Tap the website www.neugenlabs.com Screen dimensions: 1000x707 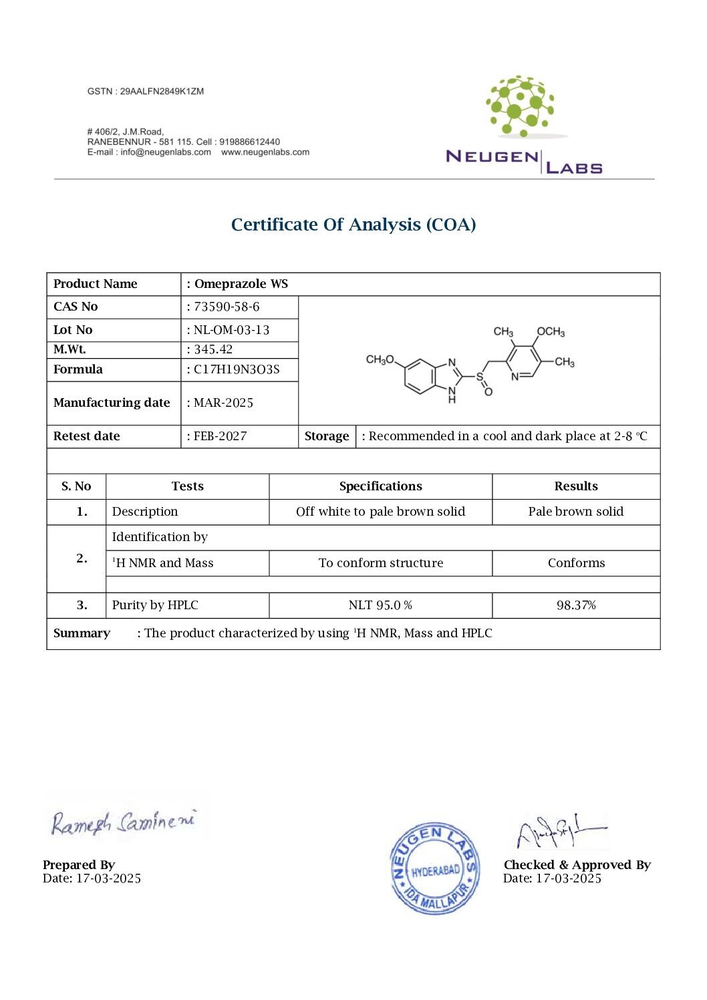click(265, 152)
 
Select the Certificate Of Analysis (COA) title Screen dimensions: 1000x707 click(353, 224)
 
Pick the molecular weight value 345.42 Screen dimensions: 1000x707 click(213, 349)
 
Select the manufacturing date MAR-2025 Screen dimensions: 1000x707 click(223, 403)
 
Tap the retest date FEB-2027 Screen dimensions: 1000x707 click(220, 436)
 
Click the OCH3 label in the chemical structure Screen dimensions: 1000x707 click(551, 332)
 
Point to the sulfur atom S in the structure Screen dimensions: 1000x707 click(479, 377)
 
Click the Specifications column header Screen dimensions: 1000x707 click(380, 486)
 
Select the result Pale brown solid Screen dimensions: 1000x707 click(575, 512)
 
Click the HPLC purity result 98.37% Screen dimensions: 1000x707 click(576, 605)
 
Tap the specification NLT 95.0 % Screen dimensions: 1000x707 click(380, 605)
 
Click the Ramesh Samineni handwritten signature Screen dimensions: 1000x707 click(123, 822)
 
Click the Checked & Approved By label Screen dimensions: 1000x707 click(577, 865)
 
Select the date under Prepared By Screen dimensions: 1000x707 click(92, 878)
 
